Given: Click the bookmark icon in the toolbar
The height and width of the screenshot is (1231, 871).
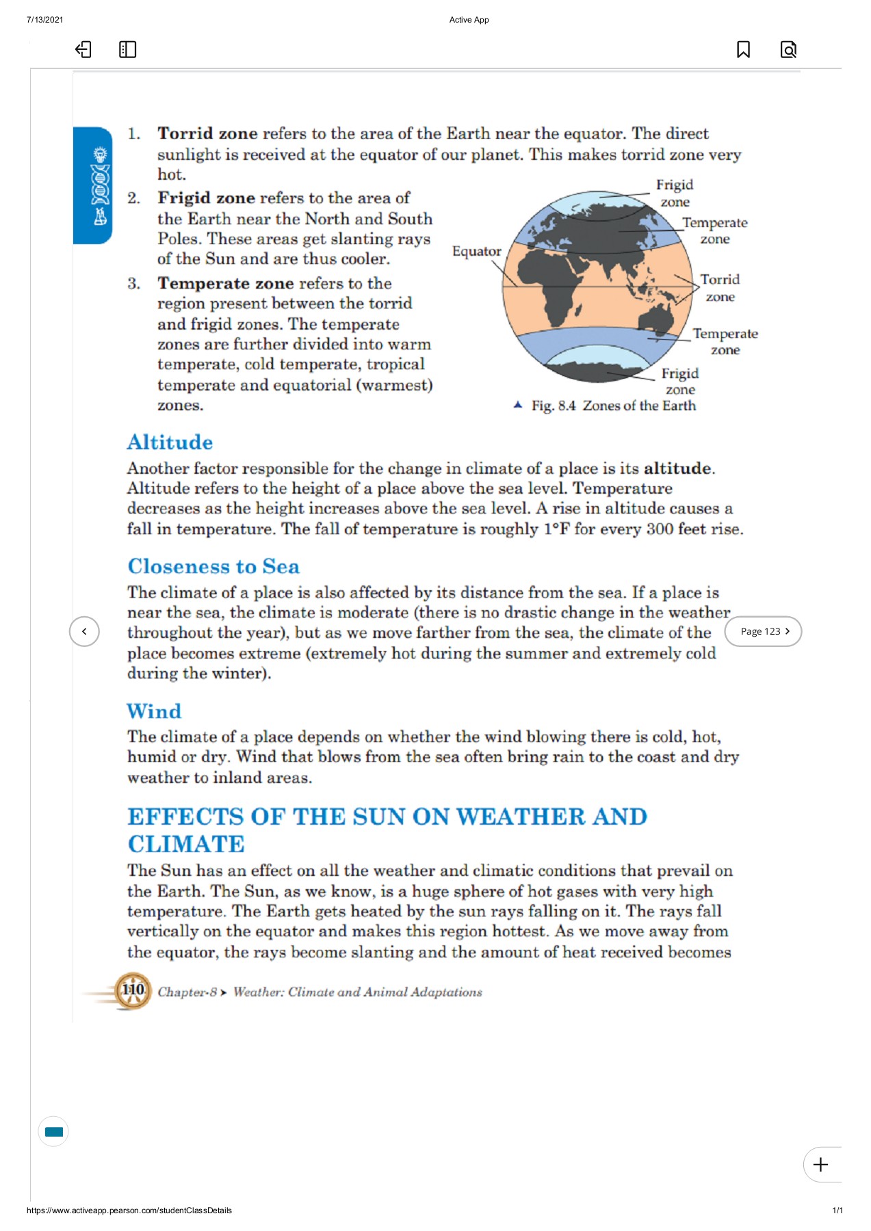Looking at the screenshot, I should (x=743, y=49).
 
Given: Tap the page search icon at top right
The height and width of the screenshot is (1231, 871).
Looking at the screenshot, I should (x=788, y=49).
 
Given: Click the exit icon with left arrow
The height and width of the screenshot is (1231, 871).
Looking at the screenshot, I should (x=83, y=49).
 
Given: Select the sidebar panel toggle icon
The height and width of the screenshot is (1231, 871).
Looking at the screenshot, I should (x=127, y=49).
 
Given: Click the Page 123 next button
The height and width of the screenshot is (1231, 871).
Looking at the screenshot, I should (x=763, y=631).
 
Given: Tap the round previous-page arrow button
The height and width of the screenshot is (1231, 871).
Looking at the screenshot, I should (x=84, y=631).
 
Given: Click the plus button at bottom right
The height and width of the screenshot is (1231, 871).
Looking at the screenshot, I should (x=821, y=1165).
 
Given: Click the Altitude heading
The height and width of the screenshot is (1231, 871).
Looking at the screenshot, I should (x=170, y=442).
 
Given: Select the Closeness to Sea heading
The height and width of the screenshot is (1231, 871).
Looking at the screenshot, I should (x=213, y=566).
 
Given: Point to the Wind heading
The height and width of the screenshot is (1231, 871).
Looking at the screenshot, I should (x=154, y=711).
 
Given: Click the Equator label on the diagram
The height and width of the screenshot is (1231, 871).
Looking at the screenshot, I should (x=476, y=252).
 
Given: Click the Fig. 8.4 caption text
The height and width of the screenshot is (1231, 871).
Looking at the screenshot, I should (x=613, y=406).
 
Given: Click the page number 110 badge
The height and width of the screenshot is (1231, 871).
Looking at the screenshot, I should (x=133, y=990).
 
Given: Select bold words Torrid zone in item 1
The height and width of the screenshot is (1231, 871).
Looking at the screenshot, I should (x=207, y=133).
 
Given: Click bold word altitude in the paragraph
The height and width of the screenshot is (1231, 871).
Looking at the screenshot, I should (x=677, y=468).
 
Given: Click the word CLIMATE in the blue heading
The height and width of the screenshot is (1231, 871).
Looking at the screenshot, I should (x=186, y=844).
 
